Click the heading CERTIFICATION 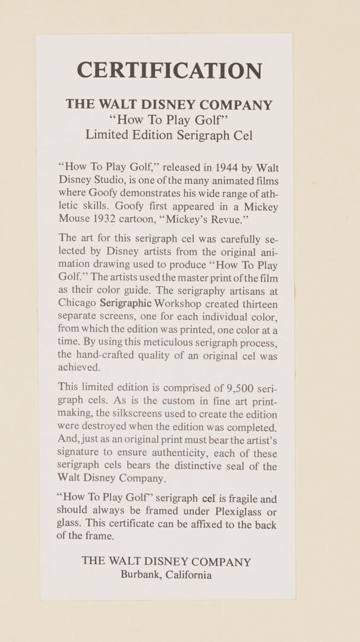[x=169, y=70]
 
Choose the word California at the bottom [x=189, y=575]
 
